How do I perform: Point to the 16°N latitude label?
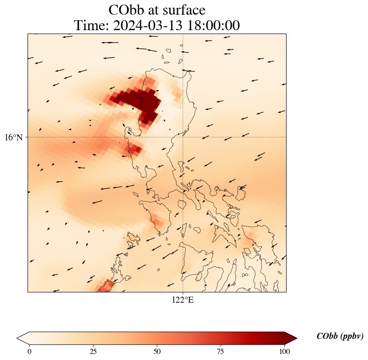point(16,137)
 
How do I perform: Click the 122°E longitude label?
point(183,300)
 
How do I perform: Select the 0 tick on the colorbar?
point(29,351)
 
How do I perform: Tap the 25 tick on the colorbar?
point(93,351)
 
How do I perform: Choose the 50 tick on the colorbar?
point(157,351)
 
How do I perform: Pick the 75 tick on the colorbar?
point(221,351)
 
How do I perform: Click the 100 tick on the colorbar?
point(284,351)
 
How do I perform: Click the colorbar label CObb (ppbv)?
point(340,336)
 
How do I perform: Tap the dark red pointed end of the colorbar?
point(291,338)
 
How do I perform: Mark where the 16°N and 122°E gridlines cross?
point(183,137)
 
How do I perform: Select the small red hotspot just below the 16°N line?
point(133,149)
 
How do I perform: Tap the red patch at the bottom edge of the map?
point(105,286)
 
